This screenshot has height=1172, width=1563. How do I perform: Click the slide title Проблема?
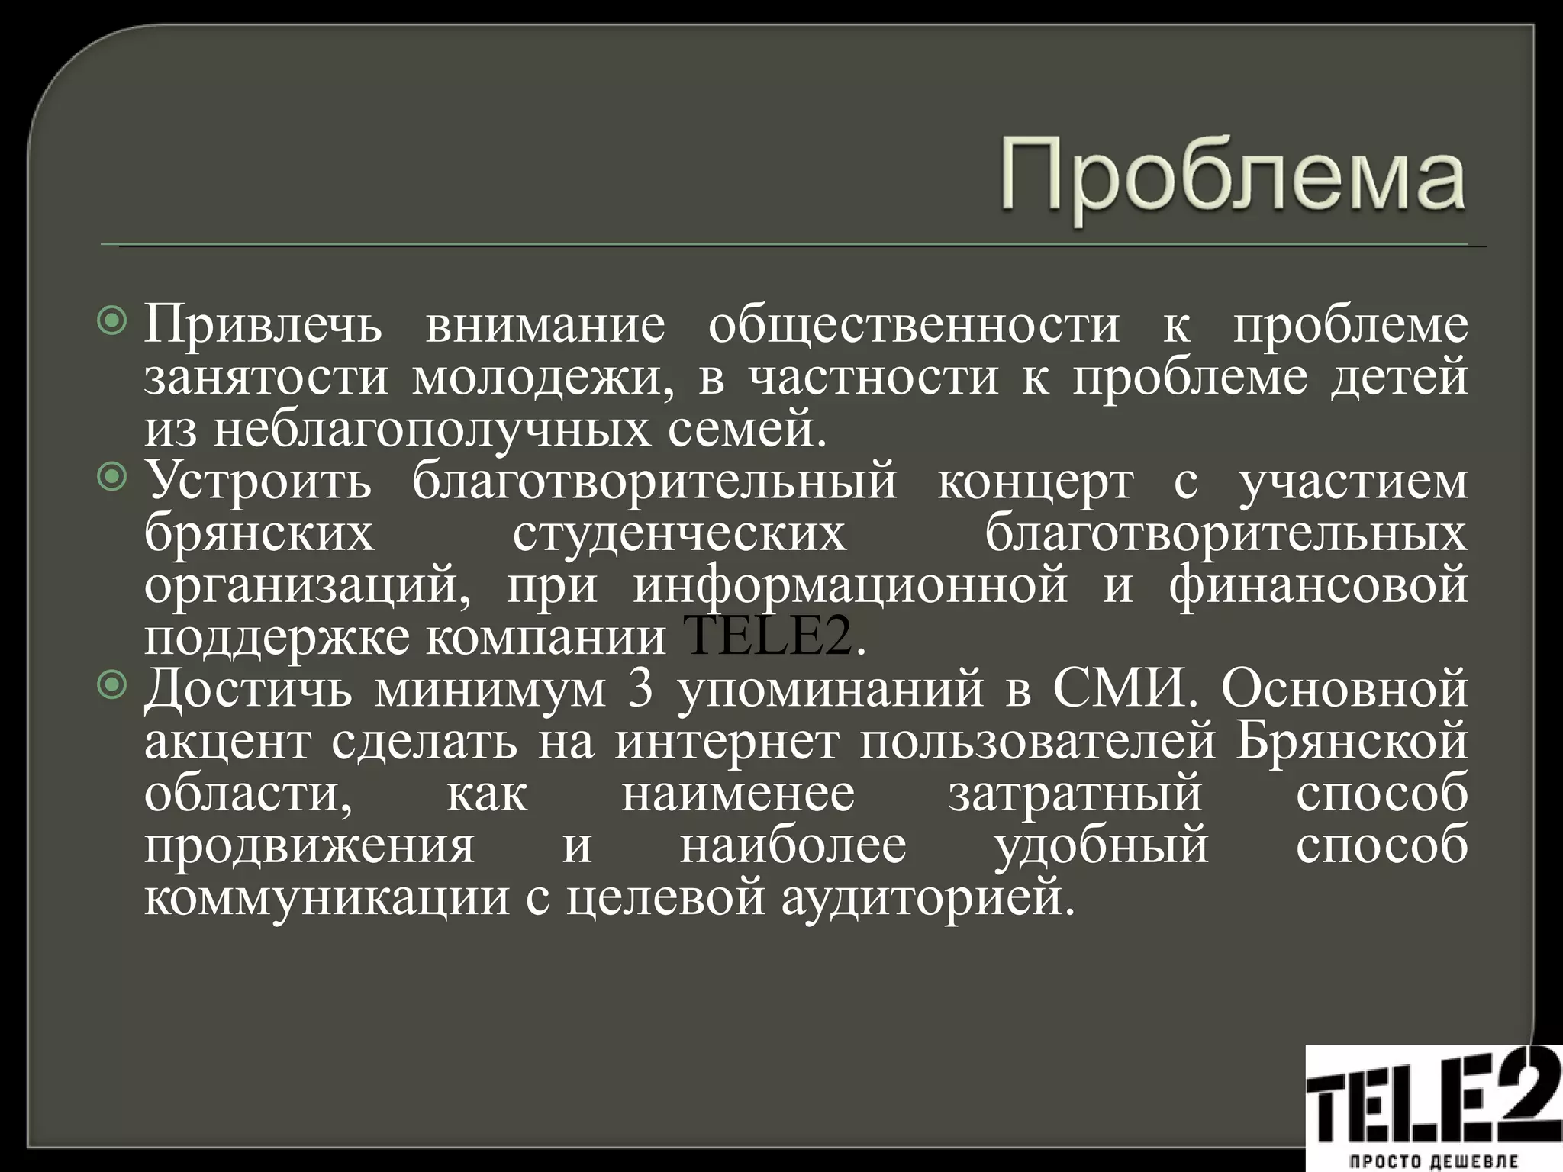1232,179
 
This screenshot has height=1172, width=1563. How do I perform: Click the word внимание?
546,324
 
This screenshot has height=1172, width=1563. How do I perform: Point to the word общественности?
914,324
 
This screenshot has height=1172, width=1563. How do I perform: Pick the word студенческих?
679,533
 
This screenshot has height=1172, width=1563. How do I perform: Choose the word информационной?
850,585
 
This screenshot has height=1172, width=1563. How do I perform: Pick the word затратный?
1075,793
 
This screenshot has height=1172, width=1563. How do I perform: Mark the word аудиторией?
927,897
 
